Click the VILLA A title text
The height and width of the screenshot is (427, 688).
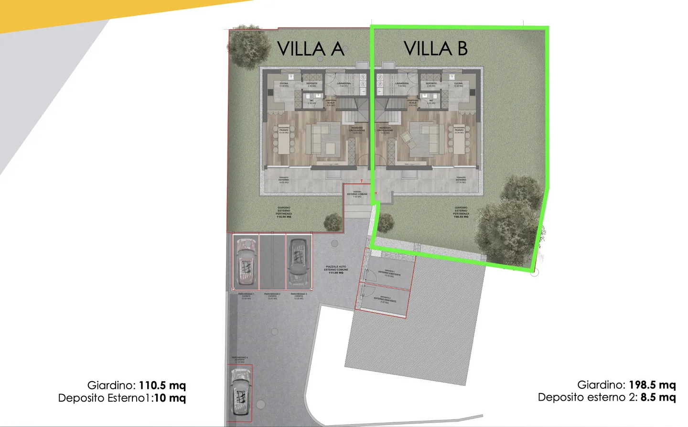tap(311, 49)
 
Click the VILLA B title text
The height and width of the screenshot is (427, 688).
tap(435, 48)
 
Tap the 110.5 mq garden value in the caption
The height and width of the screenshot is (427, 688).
tap(162, 385)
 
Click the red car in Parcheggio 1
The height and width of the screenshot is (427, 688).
tap(246, 261)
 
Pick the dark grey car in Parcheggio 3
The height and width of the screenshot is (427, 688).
tap(299, 261)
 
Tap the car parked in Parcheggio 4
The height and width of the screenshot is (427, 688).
tap(239, 393)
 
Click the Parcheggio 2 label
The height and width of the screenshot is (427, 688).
tap(272, 296)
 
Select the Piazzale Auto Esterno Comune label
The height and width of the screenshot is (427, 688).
tap(336, 270)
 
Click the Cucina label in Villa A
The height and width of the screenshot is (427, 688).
tap(284, 85)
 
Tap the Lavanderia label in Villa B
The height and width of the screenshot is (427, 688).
tap(402, 85)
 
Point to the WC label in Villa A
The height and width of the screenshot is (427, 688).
tap(312, 101)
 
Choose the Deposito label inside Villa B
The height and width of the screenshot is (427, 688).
tap(431, 85)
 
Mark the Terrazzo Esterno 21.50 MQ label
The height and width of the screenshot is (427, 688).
tap(461, 180)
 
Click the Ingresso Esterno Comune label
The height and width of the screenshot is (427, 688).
tap(357, 194)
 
